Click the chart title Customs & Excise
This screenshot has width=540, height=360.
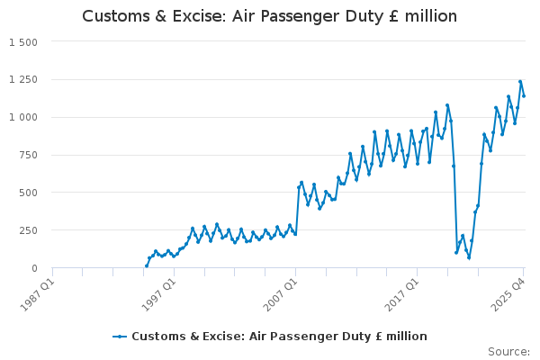point(269,16)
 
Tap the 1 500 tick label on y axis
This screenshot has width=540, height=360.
point(22,42)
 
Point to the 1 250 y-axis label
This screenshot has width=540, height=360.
point(22,80)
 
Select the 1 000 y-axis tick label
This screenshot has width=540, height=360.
point(22,118)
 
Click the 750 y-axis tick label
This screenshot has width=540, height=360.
point(27,156)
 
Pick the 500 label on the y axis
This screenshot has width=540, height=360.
point(27,193)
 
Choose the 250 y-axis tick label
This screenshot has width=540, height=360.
point(27,231)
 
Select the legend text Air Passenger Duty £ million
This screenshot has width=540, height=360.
point(279,337)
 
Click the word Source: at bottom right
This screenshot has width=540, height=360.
point(508,352)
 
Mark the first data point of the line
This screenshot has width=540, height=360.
point(147,265)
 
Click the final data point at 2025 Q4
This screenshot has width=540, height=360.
point(524,95)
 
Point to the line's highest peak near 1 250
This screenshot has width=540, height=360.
point(520,81)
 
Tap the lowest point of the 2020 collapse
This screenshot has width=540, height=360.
point(469,258)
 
